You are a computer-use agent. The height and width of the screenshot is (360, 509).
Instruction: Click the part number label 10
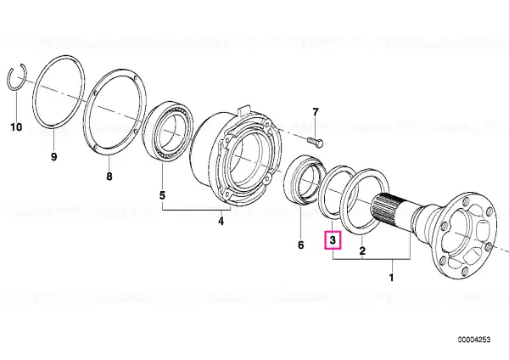pyautogui.click(x=16, y=127)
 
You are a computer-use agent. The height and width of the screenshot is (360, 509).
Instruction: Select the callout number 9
pyautogui.click(x=54, y=156)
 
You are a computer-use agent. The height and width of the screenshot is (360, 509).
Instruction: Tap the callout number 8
pyautogui.click(x=109, y=177)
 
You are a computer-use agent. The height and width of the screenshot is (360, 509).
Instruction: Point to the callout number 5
pyautogui.click(x=162, y=195)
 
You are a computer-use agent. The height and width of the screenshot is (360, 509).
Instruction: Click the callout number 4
pyautogui.click(x=221, y=222)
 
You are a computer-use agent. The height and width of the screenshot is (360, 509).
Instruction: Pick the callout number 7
pyautogui.click(x=316, y=112)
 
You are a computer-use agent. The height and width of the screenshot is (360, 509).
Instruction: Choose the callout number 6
pyautogui.click(x=301, y=245)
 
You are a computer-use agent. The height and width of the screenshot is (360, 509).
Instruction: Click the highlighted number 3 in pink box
pyautogui.click(x=333, y=240)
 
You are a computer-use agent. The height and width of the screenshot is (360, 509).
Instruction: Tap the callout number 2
pyautogui.click(x=362, y=250)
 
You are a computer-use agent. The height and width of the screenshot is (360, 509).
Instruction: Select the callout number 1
pyautogui.click(x=391, y=278)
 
